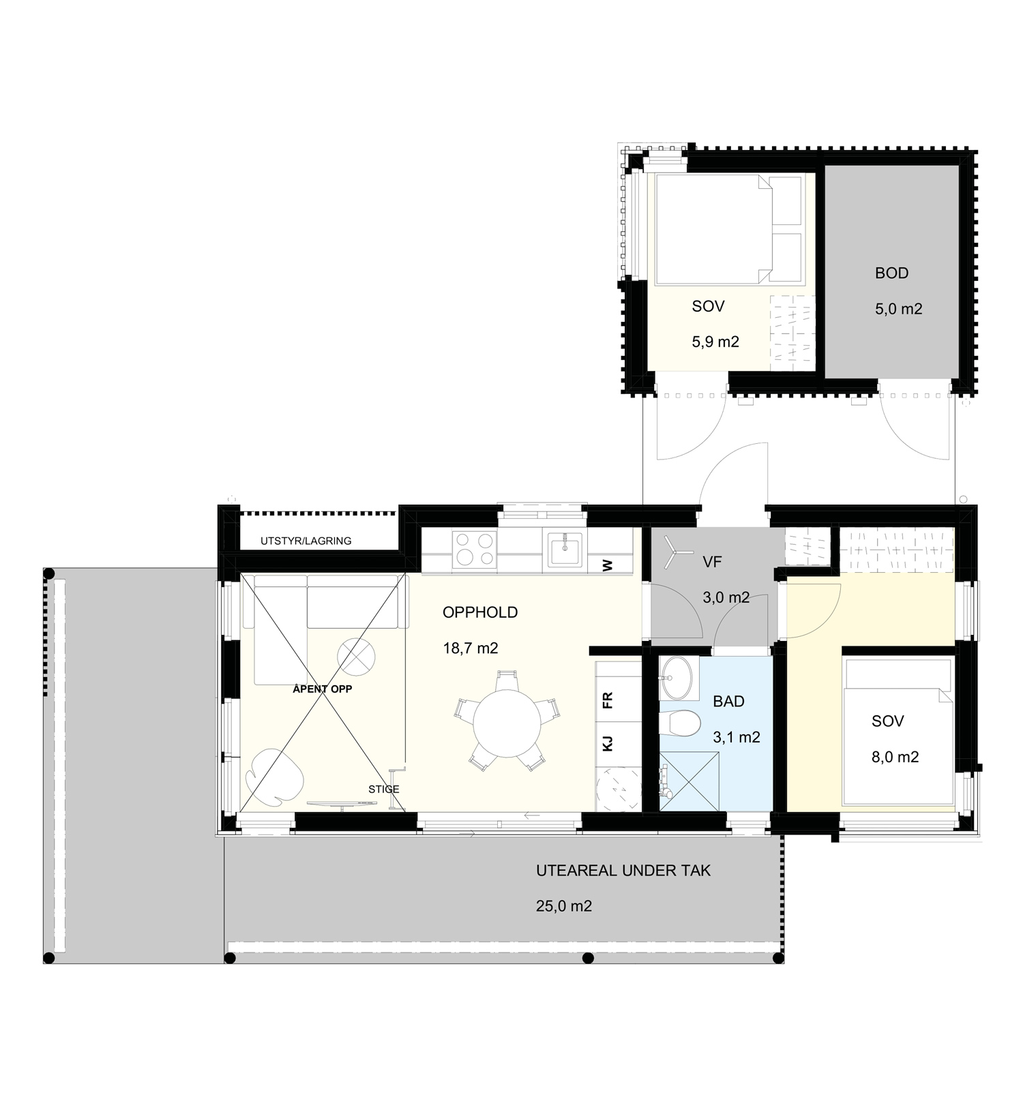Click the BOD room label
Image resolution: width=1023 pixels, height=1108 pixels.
click(x=891, y=273)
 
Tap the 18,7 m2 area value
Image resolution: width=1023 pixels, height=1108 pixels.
click(x=471, y=648)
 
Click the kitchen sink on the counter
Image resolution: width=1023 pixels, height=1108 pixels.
click(x=565, y=550)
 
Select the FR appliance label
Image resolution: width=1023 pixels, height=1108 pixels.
click(x=608, y=700)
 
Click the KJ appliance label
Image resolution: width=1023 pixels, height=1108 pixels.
click(x=608, y=743)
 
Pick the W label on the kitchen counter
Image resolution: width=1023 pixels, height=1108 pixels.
click(x=608, y=565)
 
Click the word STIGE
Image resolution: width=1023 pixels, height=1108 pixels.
click(x=384, y=789)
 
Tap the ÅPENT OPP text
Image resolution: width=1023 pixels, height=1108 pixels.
click(x=323, y=689)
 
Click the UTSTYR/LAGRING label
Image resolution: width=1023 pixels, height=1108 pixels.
click(x=306, y=541)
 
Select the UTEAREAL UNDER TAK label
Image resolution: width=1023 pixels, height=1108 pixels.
click(x=623, y=871)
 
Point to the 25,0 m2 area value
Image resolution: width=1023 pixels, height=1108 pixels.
click(x=564, y=906)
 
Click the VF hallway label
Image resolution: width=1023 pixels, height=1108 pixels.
click(x=712, y=562)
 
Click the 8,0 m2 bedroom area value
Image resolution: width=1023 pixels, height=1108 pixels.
click(x=895, y=757)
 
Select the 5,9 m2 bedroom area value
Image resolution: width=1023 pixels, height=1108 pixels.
click(x=715, y=342)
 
